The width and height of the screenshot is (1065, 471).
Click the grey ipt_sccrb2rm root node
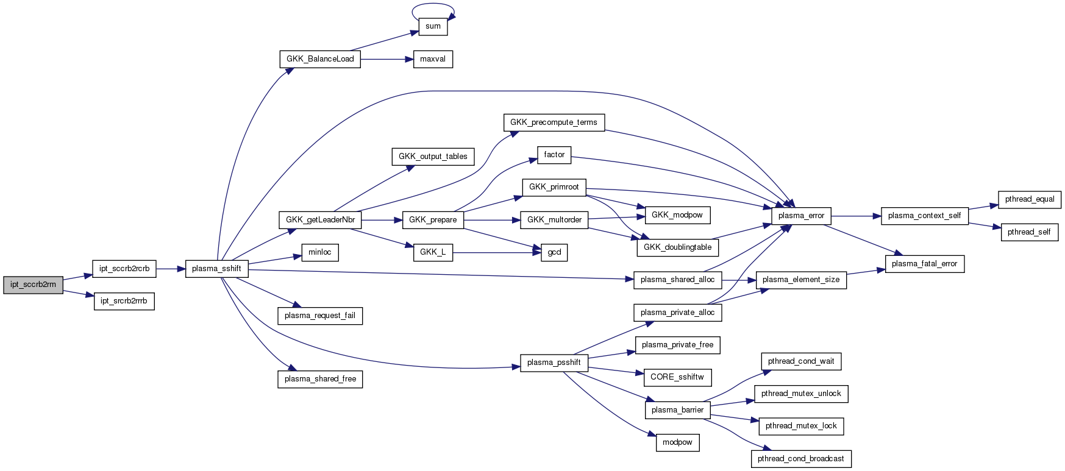coord(33,285)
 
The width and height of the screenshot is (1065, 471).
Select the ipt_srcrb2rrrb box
coord(124,301)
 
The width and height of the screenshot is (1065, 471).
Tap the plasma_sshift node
coord(216,269)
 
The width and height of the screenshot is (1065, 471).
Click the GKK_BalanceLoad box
coord(320,59)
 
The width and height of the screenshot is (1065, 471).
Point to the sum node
coord(433,26)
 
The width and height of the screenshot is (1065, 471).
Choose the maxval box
coord(433,59)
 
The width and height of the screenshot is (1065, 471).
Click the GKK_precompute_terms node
coord(554,122)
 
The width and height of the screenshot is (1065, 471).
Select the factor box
coord(554,155)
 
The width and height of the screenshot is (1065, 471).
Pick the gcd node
coord(554,252)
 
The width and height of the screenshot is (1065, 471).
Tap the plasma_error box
coord(801,216)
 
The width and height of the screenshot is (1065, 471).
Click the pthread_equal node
coord(1030,199)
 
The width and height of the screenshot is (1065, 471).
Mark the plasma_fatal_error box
coord(924,264)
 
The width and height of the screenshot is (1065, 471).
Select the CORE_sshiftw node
coord(677,377)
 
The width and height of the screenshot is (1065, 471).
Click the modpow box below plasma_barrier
coord(677,442)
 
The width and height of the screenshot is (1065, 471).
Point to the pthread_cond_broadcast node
coord(801,459)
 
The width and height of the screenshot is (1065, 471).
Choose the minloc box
coord(320,252)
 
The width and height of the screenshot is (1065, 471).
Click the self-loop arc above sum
coord(433,5)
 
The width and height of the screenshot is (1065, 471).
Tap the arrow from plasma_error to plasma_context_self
coord(856,216)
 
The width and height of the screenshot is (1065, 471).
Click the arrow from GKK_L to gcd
coord(497,252)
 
